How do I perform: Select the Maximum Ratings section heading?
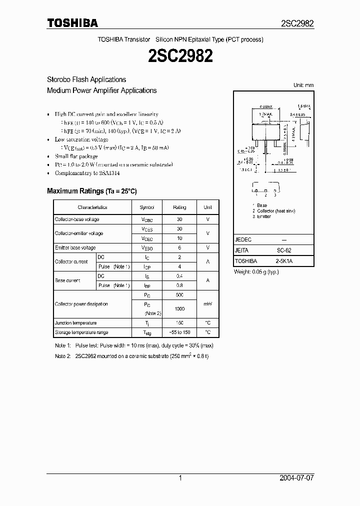[91, 191]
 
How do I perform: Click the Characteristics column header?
[92, 207]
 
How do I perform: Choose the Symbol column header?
[147, 207]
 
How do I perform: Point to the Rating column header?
[179, 207]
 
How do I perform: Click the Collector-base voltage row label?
[77, 219]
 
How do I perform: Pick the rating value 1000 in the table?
[179, 309]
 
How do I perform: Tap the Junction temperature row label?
[75, 323]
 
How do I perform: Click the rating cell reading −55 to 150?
[179, 332]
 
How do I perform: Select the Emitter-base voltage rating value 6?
[179, 247]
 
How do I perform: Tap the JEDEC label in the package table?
[243, 240]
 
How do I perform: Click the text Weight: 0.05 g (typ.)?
[256, 272]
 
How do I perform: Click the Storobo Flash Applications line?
[86, 79]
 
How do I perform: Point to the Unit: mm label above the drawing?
[303, 85]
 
